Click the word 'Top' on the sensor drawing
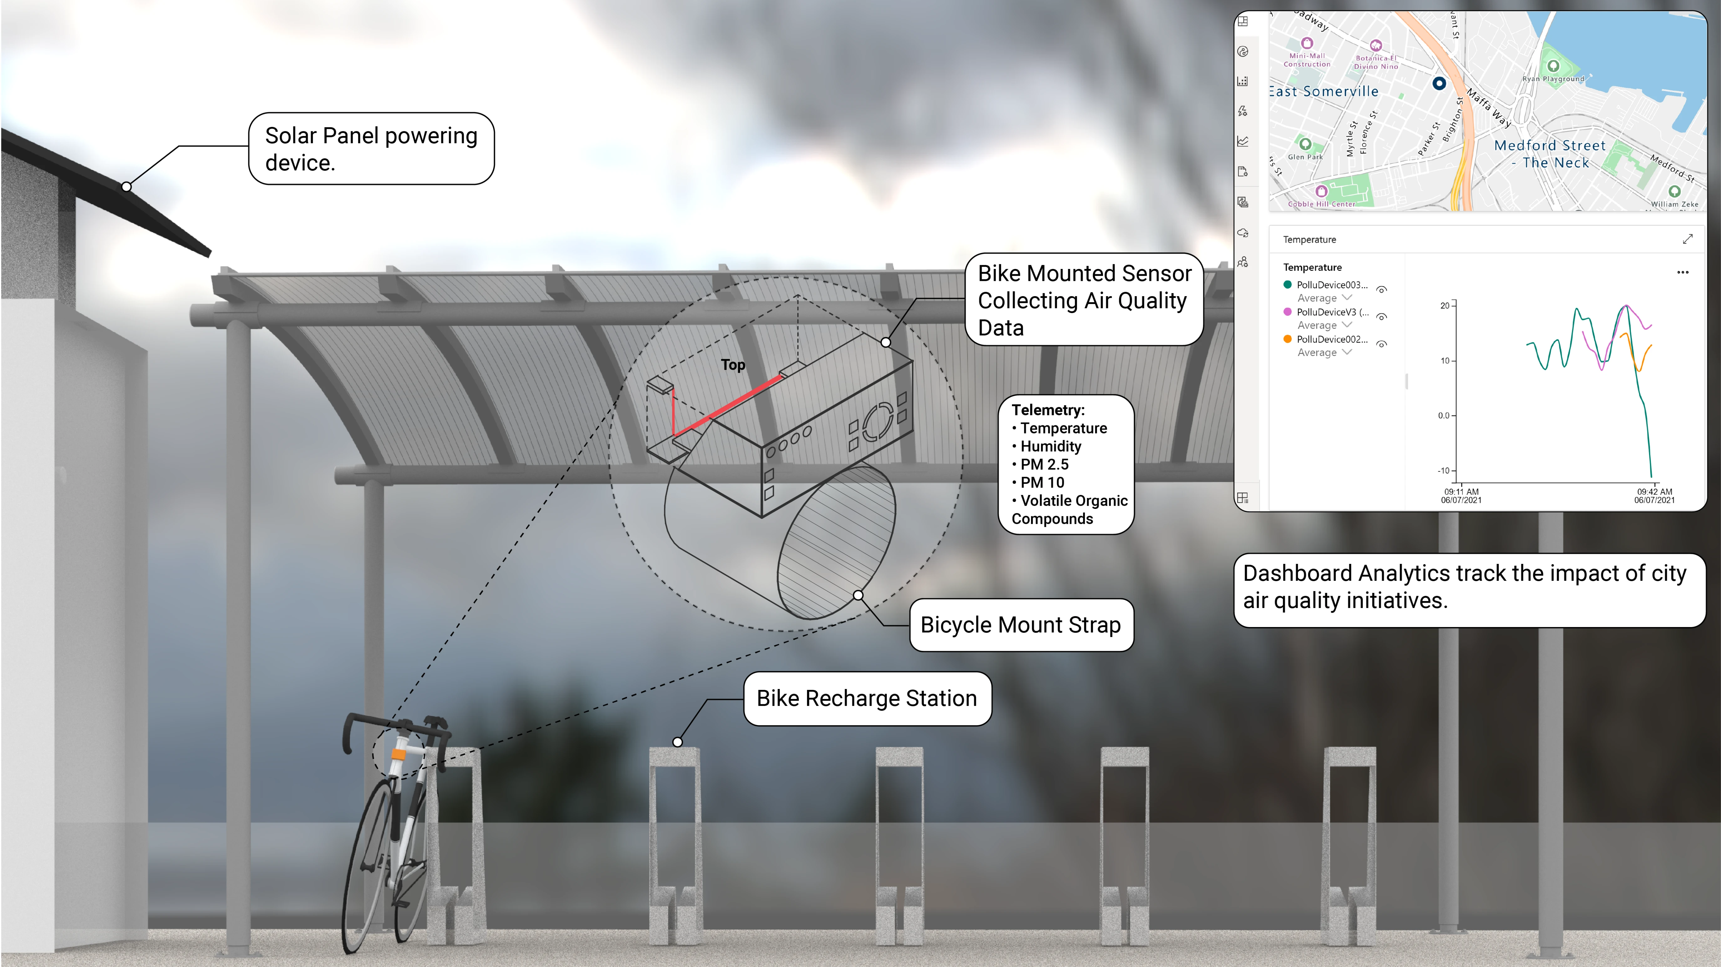[733, 365]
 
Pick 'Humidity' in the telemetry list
[1050, 446]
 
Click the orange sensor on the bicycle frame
[398, 754]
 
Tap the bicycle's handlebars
[394, 725]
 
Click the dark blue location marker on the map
[1440, 84]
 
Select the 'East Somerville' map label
[1323, 92]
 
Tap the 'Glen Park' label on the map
[1305, 157]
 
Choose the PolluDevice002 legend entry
[1331, 339]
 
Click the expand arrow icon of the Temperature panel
[1688, 239]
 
